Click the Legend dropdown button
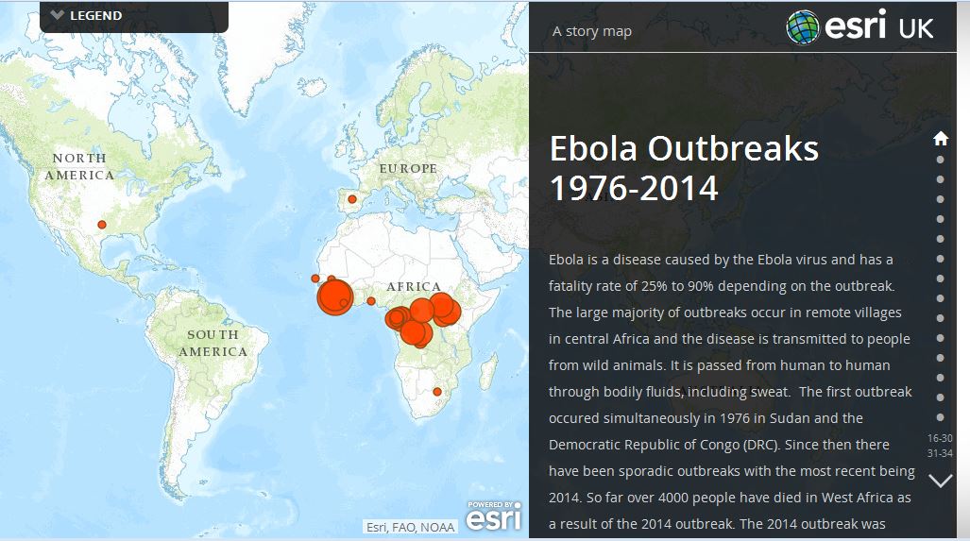pos(87,15)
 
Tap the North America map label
pos(80,166)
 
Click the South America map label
pos(213,343)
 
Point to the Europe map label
pos(408,168)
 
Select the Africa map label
pos(413,287)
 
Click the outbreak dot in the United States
pos(102,225)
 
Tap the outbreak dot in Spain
pos(352,199)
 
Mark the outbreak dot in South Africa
pos(436,391)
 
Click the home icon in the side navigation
pos(941,139)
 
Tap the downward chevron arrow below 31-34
pos(941,481)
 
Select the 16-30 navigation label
pos(940,438)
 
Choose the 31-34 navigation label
pos(940,453)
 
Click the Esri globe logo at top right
pos(803,26)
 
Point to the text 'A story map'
pos(592,31)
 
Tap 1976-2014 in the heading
pos(634,189)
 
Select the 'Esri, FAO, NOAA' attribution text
pos(411,527)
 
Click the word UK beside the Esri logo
pos(914,27)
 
